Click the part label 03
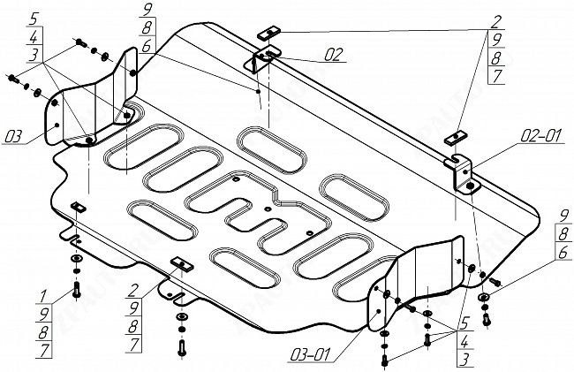pos(13,136)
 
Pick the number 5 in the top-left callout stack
pos(33,18)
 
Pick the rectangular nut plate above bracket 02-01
pos(456,137)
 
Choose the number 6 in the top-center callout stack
pos(146,47)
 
